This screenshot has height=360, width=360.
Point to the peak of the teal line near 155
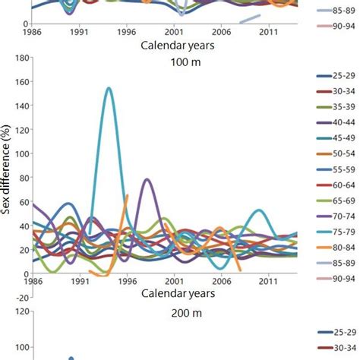coord(109,88)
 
